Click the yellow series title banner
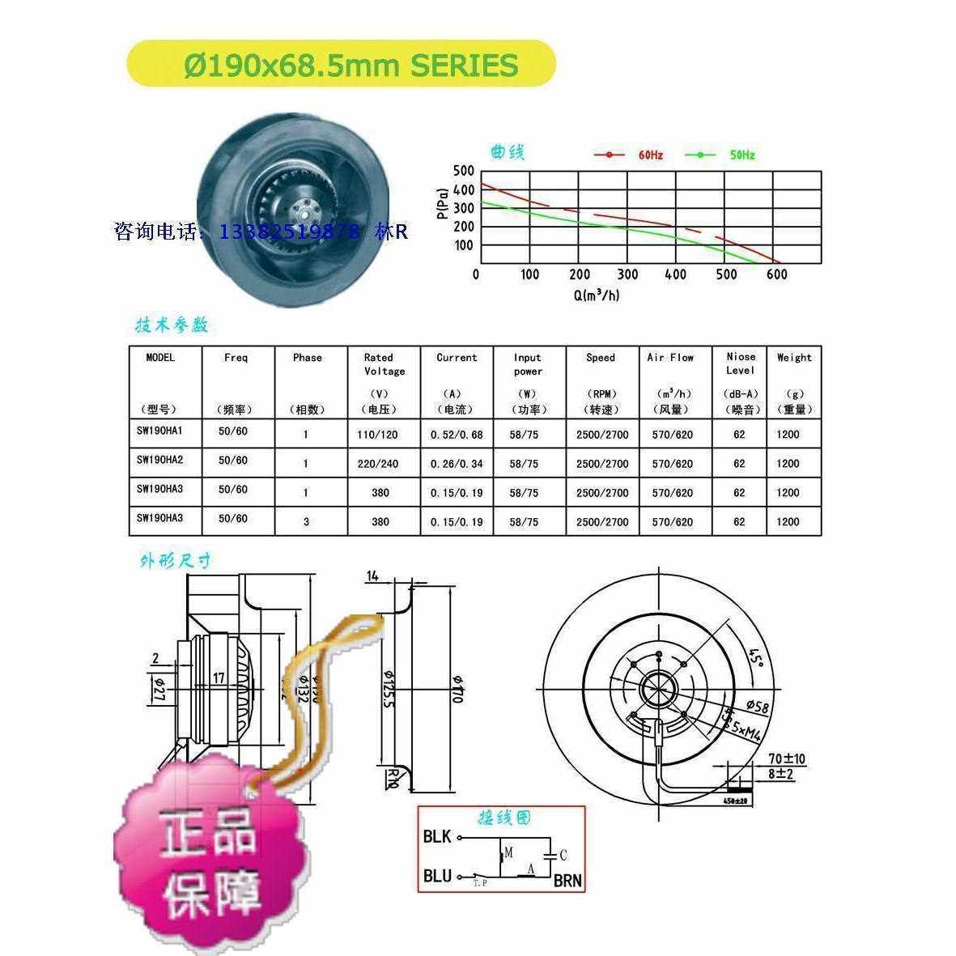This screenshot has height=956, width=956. point(342,64)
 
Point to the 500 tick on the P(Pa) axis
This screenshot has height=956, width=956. point(463,171)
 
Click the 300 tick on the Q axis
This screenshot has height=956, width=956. point(627,274)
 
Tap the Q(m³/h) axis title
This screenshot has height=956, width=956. point(597,295)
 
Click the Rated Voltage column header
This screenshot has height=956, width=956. point(384,364)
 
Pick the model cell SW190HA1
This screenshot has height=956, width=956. point(160,432)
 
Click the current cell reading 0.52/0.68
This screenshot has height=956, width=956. point(457,435)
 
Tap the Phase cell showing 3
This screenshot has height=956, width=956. point(306,522)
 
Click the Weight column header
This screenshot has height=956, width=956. point(793,358)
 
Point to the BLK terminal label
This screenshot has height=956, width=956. point(437,837)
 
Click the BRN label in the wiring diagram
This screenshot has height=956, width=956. point(567,881)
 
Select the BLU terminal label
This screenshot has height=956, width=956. point(437,876)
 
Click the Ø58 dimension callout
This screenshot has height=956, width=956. point(757,707)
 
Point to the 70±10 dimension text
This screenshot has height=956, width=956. point(787,759)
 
